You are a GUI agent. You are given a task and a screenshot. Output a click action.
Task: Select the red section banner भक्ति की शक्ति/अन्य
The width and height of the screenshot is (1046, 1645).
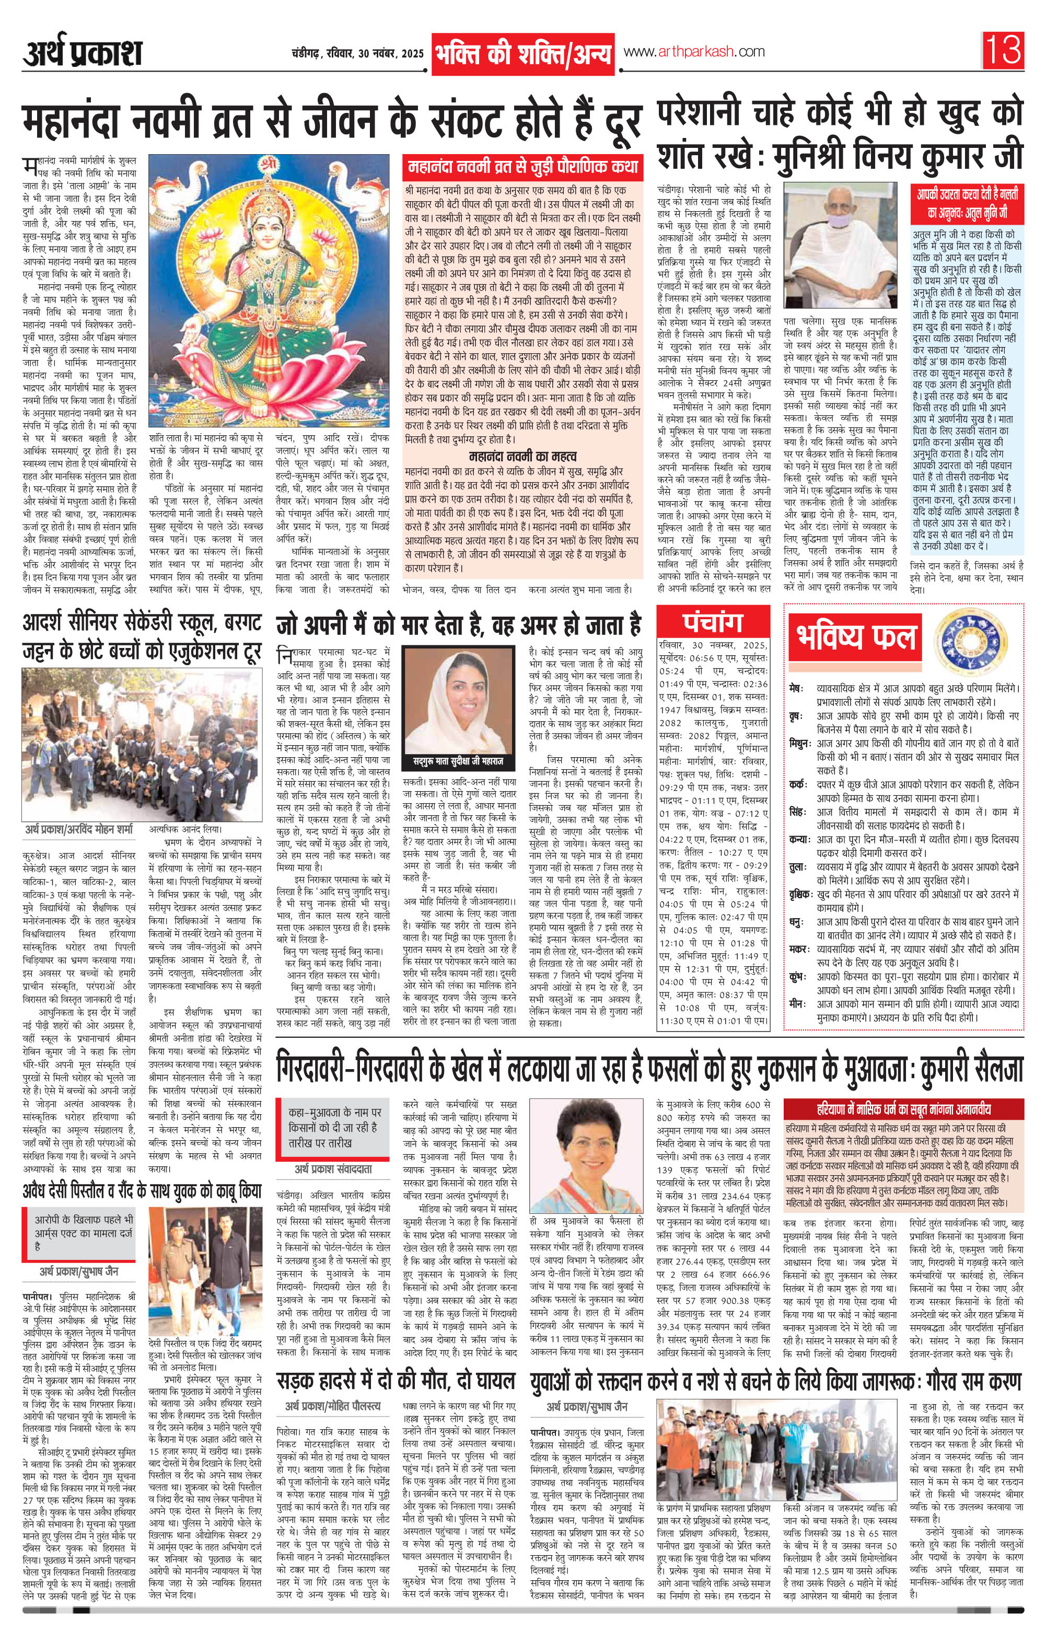(x=522, y=54)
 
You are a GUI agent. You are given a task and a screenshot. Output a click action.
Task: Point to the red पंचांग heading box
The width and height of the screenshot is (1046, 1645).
(x=713, y=622)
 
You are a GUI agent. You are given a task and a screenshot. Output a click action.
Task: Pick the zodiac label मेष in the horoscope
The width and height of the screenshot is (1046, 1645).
(x=795, y=685)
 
